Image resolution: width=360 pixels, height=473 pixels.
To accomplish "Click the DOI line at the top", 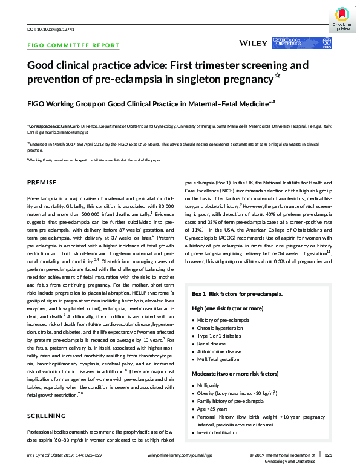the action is click(x=45, y=28).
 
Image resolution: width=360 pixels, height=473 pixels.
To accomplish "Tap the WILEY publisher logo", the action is click(x=252, y=44).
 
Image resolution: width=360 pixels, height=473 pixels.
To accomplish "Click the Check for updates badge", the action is click(x=342, y=18).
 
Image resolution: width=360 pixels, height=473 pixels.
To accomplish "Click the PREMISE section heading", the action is click(x=42, y=182).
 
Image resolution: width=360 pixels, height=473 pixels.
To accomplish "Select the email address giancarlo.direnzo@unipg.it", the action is click(x=58, y=131).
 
